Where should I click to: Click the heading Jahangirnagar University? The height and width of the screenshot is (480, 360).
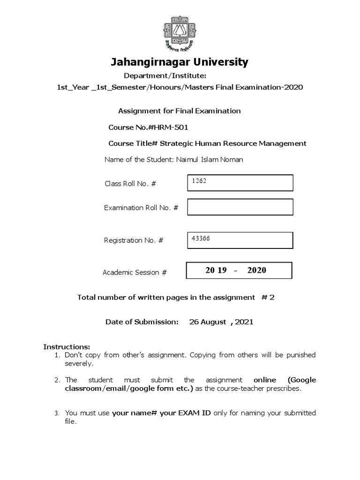pyautogui.click(x=180, y=62)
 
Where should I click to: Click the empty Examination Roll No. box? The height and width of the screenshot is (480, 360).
pyautogui.click(x=240, y=207)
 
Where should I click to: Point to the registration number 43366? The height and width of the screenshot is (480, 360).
pyautogui.click(x=200, y=238)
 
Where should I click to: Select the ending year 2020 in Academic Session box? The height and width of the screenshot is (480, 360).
pyautogui.click(x=256, y=270)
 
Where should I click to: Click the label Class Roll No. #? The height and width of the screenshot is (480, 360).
pyautogui.click(x=130, y=184)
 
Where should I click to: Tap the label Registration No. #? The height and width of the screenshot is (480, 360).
pyautogui.click(x=134, y=240)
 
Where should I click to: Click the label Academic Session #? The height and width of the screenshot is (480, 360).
pyautogui.click(x=135, y=272)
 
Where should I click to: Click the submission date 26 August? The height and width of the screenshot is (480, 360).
pyautogui.click(x=208, y=322)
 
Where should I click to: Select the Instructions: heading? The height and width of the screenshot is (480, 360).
pyautogui.click(x=63, y=347)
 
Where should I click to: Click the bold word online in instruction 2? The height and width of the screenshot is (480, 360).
pyautogui.click(x=264, y=380)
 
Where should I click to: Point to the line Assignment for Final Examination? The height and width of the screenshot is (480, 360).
pyautogui.click(x=179, y=111)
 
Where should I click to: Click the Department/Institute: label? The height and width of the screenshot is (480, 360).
pyautogui.click(x=165, y=76)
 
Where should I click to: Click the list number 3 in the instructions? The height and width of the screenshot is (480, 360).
pyautogui.click(x=56, y=413)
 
